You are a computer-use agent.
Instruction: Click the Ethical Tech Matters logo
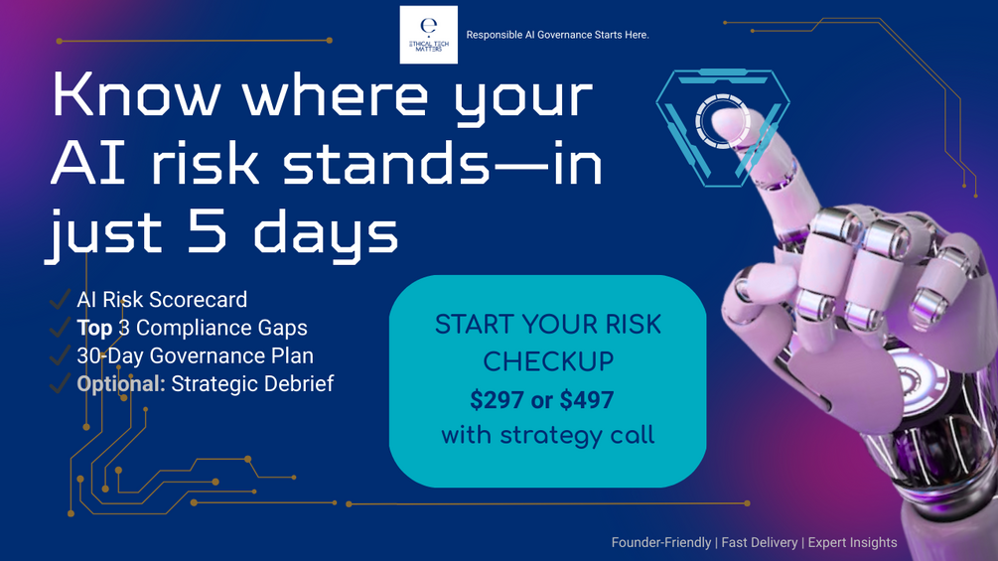click(x=428, y=35)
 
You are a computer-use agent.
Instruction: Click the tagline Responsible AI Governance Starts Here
click(x=557, y=35)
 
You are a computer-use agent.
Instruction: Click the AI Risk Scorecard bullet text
click(x=162, y=300)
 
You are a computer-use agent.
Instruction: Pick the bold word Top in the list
click(x=95, y=328)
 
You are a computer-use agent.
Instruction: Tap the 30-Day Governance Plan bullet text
click(x=196, y=355)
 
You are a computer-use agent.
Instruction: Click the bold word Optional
click(x=121, y=383)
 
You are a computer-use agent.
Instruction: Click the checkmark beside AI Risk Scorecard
click(x=60, y=299)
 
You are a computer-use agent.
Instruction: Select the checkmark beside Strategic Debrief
click(x=60, y=383)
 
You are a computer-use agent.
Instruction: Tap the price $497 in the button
click(x=587, y=399)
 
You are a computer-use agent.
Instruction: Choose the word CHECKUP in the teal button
click(x=548, y=361)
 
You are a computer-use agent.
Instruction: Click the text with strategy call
click(x=548, y=435)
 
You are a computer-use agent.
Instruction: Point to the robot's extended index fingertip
click(x=726, y=121)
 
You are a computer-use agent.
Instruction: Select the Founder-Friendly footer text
click(x=661, y=542)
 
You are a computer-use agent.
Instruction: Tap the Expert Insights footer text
click(x=853, y=542)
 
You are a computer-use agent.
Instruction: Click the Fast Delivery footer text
click(x=760, y=542)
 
